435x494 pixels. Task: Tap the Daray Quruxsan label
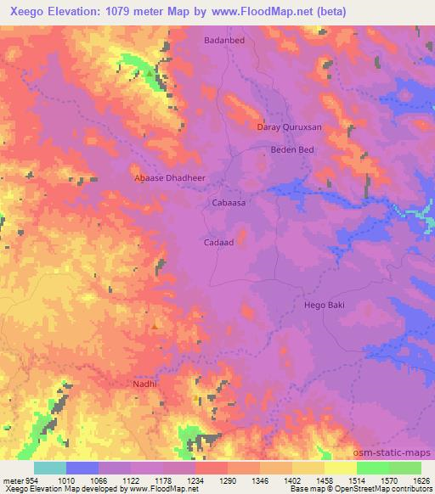pyautogui.click(x=289, y=127)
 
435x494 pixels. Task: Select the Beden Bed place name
pyautogui.click(x=292, y=149)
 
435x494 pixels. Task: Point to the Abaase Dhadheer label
pyautogui.click(x=171, y=179)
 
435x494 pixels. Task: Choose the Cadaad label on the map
pyautogui.click(x=218, y=241)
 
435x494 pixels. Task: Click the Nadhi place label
pyautogui.click(x=145, y=385)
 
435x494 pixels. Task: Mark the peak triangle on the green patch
pyautogui.click(x=150, y=74)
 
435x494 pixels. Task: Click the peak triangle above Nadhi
pyautogui.click(x=154, y=325)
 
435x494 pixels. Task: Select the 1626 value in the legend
pyautogui.click(x=422, y=480)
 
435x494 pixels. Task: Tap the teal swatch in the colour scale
pyautogui.click(x=50, y=468)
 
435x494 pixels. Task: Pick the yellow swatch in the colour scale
pyautogui.click(x=340, y=468)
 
